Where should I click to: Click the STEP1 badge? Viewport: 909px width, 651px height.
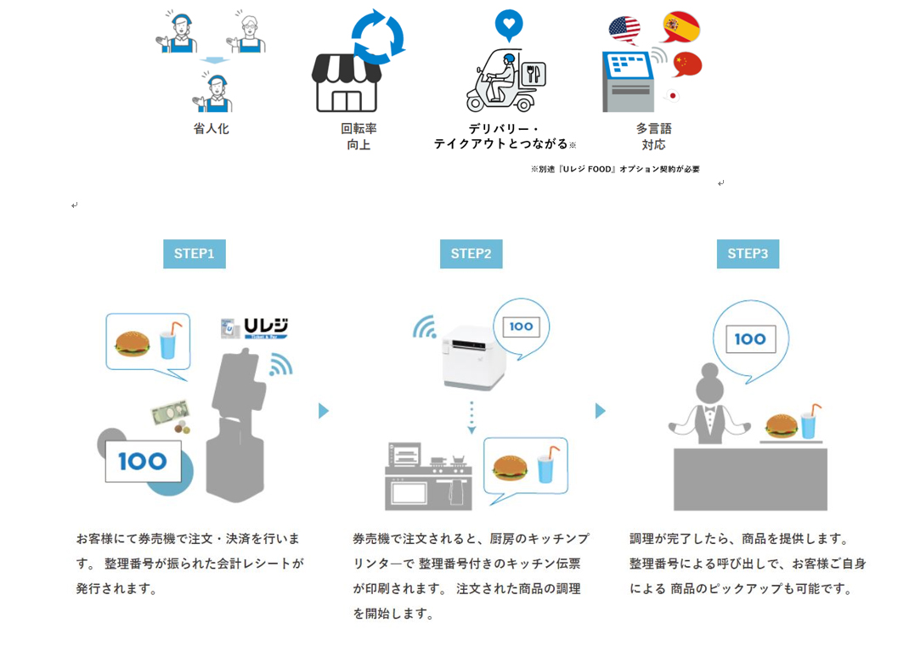coord(194,254)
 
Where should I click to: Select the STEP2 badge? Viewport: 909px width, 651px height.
coord(471,254)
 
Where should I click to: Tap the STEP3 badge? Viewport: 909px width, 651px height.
coord(748,254)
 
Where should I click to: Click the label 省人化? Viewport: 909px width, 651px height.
coord(211,129)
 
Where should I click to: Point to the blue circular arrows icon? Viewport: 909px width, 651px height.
coord(378,36)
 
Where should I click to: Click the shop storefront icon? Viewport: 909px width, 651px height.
coord(346,84)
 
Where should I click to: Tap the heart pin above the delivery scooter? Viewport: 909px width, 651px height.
coord(509,25)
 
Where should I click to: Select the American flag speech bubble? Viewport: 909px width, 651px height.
coord(624,31)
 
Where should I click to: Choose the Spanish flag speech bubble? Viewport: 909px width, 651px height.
coord(680,26)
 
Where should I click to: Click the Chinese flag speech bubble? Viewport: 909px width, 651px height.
coord(687,64)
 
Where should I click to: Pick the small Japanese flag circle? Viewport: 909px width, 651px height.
coord(673,96)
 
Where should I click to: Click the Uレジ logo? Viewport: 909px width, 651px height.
coord(256,328)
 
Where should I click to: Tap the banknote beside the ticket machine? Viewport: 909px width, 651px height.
coord(169,412)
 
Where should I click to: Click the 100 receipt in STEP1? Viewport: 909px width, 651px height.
coord(143,461)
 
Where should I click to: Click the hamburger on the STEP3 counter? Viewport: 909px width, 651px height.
coord(781,425)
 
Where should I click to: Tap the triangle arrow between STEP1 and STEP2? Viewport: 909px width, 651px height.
coord(323,411)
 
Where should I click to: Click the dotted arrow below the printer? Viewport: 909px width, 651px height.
coord(471,418)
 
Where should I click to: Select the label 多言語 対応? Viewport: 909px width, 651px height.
coord(653,137)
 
